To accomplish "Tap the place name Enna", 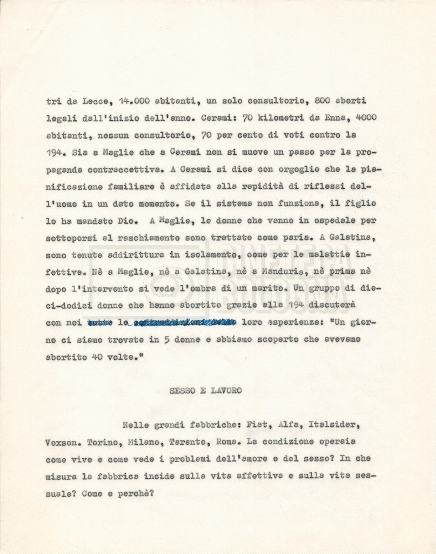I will [x=320, y=117].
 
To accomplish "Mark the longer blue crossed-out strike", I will [x=186, y=322].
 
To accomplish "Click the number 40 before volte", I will [x=88, y=356].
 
